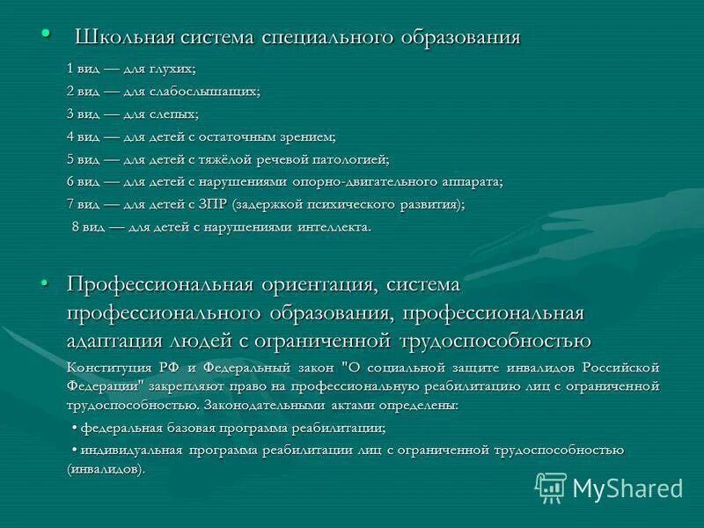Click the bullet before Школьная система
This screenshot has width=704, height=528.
(x=45, y=33)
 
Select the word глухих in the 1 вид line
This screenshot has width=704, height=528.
(x=176, y=68)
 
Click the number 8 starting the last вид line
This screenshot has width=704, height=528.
(x=75, y=227)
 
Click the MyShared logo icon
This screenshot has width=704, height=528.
(x=551, y=487)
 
